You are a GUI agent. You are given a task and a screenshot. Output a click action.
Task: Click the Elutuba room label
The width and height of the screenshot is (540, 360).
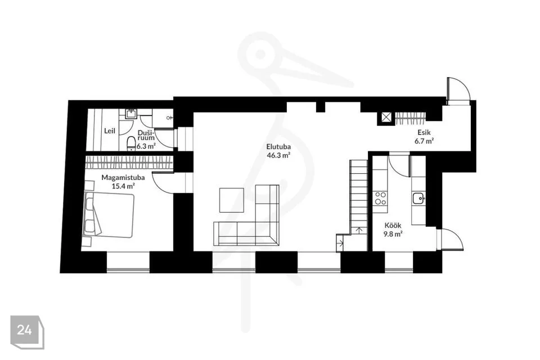278,147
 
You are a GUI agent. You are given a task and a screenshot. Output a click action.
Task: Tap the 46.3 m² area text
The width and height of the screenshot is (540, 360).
278,155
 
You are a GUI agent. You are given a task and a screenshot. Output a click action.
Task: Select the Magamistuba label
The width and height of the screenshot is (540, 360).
123,178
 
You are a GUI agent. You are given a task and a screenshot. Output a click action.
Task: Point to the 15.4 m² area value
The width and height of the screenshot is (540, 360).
123,186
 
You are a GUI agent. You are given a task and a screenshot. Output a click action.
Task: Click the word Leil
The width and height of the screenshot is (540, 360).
110,131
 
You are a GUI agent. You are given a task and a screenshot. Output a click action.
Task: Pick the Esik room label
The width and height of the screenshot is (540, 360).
424,132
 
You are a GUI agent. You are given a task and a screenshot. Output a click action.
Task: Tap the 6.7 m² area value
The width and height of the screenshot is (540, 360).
424,141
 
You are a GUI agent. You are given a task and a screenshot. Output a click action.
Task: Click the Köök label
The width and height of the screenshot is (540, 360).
393,226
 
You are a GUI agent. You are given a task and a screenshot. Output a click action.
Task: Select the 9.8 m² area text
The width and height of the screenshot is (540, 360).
393,234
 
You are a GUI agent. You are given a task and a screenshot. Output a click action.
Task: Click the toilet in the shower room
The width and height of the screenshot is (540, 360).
131,144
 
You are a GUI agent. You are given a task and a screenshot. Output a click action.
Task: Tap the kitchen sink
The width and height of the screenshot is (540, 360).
418,199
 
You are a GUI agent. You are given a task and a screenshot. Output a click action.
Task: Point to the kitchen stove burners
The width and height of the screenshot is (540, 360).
380,198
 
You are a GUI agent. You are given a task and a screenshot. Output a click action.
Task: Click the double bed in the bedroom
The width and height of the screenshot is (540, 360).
108,215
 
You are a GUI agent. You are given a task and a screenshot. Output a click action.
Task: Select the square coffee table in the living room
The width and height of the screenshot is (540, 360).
232,200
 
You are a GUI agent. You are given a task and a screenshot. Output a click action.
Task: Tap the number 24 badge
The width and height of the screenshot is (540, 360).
25,330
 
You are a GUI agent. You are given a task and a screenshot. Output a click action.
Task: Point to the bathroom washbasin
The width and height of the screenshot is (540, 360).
131,114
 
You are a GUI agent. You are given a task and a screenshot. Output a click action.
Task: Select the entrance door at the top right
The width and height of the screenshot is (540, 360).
458,91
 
